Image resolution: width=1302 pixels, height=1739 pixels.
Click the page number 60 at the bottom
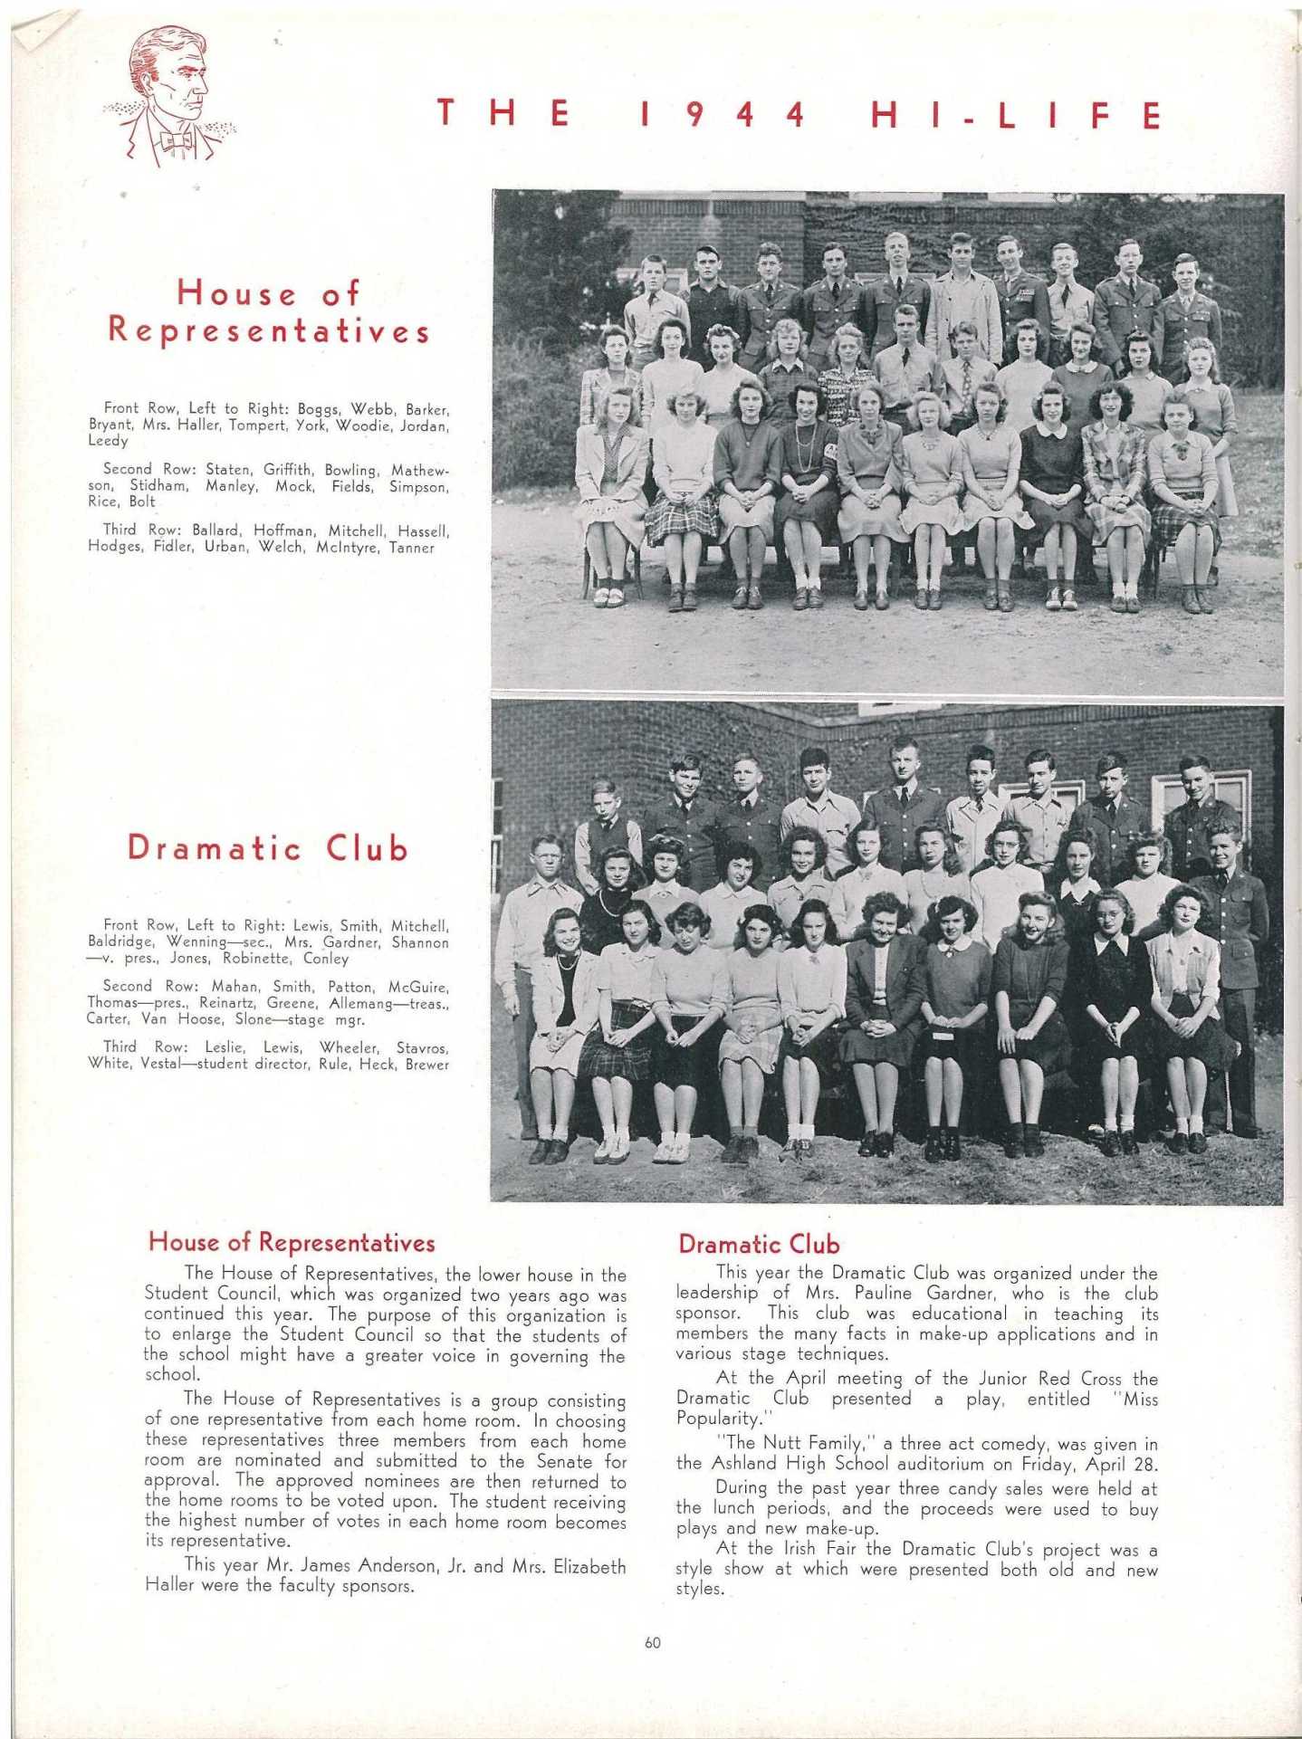coord(652,1643)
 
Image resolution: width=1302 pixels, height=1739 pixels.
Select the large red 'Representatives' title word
coord(269,330)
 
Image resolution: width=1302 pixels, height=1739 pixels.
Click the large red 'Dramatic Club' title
coord(268,848)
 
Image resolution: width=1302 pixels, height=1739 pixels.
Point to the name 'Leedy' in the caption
coord(109,441)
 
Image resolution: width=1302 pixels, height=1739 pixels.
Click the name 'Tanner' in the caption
coord(412,548)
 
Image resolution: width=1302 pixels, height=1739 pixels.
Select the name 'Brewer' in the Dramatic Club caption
coord(427,1065)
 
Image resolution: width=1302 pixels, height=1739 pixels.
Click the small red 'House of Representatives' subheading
coord(292,1243)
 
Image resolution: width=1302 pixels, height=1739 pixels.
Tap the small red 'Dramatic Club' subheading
coord(759,1245)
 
